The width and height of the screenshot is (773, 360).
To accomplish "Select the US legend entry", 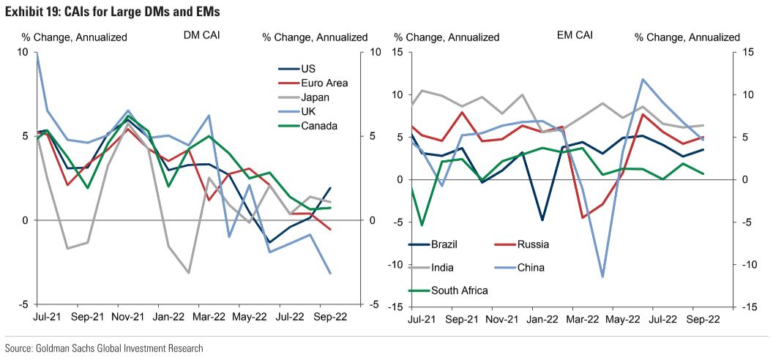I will pyautogui.click(x=308, y=69).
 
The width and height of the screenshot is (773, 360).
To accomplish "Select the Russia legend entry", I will pyautogui.click(x=532, y=244).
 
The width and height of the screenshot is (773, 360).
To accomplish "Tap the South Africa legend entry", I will pyautogui.click(x=459, y=290).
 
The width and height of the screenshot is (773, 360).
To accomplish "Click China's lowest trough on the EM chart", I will pyautogui.click(x=603, y=277).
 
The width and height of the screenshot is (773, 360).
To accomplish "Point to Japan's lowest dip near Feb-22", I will pyautogui.click(x=189, y=273).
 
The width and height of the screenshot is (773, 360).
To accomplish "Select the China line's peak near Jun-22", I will pyautogui.click(x=643, y=79).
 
